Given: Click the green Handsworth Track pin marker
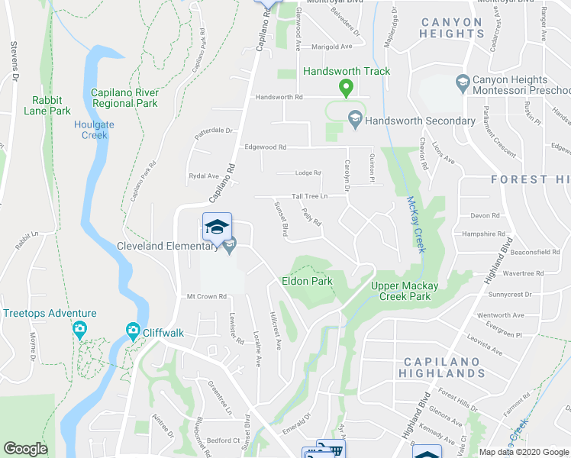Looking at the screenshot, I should (x=346, y=89).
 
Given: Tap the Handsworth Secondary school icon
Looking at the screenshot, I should (x=354, y=120).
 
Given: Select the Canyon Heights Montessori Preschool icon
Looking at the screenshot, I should (x=462, y=82).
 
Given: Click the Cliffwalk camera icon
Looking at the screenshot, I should (x=133, y=331).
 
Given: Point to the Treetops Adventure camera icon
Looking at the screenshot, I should (x=79, y=330).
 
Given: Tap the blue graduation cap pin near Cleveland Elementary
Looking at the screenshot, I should (x=217, y=226).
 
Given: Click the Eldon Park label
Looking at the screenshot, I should (x=307, y=281).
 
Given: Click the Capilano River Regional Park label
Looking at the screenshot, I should (x=124, y=98).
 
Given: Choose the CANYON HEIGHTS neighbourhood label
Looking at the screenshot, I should (x=451, y=27).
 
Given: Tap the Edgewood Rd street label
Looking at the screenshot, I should (x=265, y=147).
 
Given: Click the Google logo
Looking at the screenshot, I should (x=26, y=448).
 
